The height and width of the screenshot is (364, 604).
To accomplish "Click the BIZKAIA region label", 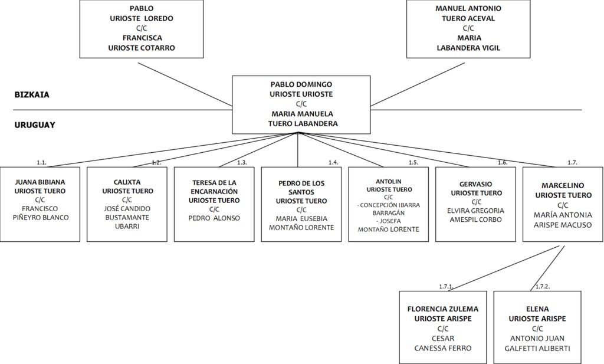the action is [x=32, y=95].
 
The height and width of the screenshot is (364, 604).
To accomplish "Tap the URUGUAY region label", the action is [x=35, y=125].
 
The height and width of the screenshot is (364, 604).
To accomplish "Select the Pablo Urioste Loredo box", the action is [x=142, y=29].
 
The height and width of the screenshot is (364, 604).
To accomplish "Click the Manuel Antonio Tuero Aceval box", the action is [x=468, y=29].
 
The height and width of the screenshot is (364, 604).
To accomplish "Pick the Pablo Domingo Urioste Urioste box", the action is [x=301, y=105].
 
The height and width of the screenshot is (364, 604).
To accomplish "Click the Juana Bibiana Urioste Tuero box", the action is [x=40, y=204].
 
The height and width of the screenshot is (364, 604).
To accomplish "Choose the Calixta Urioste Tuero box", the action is [x=127, y=204].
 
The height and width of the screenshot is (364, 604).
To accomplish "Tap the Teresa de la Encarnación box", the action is [x=214, y=204].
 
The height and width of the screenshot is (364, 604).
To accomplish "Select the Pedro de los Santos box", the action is [x=301, y=204].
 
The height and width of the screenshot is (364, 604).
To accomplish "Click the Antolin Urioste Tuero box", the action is [x=388, y=204].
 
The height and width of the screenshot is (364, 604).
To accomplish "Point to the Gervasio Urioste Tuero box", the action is [x=476, y=204].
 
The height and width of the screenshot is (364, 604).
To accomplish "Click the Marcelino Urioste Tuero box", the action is [x=563, y=204].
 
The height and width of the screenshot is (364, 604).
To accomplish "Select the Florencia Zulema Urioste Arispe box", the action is [x=443, y=327].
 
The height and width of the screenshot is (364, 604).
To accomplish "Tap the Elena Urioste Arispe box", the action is [x=537, y=327].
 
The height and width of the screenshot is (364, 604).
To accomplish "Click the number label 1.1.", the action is [x=42, y=163].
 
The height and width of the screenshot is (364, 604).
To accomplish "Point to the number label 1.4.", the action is [x=334, y=163].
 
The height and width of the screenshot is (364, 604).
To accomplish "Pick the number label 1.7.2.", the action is [x=543, y=287].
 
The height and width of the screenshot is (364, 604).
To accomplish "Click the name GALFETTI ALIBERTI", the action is [x=537, y=349].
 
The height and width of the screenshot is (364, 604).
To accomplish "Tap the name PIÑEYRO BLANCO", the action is [x=41, y=218].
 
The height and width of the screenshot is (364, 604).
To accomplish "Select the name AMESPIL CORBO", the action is [x=476, y=219].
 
